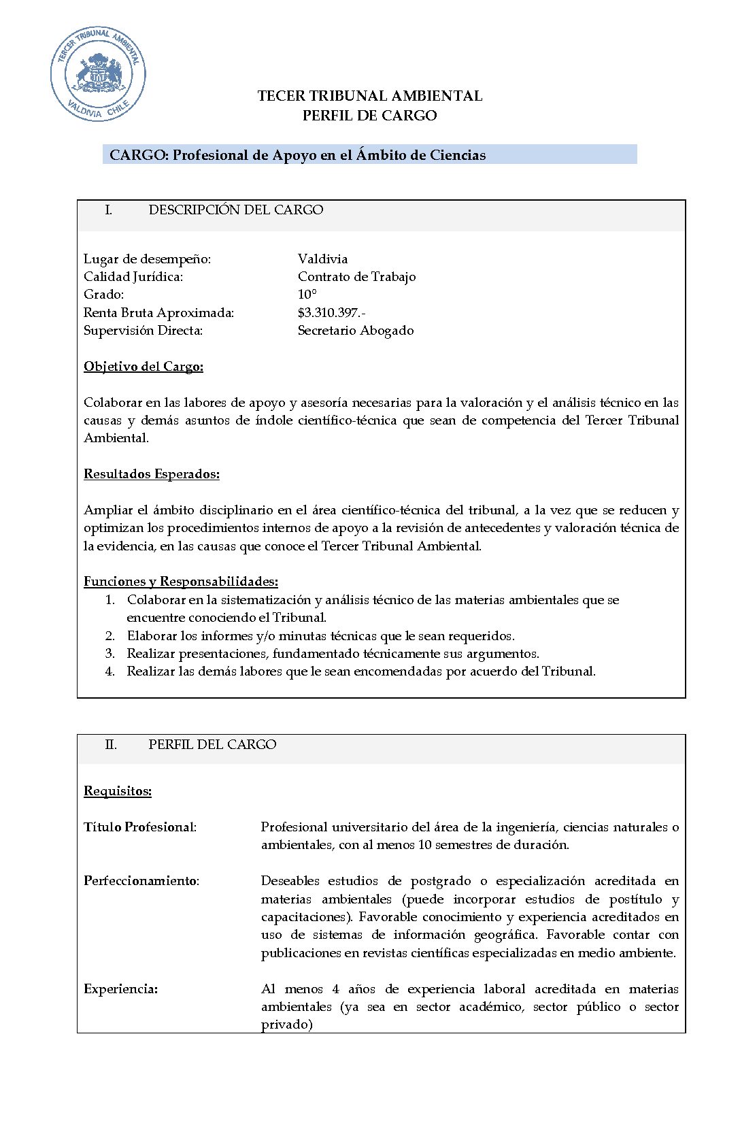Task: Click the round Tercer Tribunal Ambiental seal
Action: (x=98, y=74)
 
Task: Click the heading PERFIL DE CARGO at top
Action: (x=369, y=116)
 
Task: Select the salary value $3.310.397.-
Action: (x=331, y=313)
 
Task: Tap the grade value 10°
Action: (x=307, y=295)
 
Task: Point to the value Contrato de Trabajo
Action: (x=356, y=277)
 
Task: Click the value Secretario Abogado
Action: (x=355, y=331)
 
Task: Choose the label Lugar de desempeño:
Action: (x=147, y=259)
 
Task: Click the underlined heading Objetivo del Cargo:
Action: (x=144, y=367)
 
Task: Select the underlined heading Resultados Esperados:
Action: (x=151, y=474)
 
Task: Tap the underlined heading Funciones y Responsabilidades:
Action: (x=180, y=582)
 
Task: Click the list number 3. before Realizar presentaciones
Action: (x=110, y=654)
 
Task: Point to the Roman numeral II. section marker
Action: (x=111, y=745)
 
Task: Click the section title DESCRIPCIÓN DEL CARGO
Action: (x=235, y=210)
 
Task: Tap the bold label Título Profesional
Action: (x=139, y=827)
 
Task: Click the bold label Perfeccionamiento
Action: (x=140, y=881)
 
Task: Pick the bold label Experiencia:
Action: (x=120, y=989)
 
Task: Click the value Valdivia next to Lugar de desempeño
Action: (x=322, y=259)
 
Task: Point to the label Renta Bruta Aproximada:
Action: (x=158, y=313)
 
